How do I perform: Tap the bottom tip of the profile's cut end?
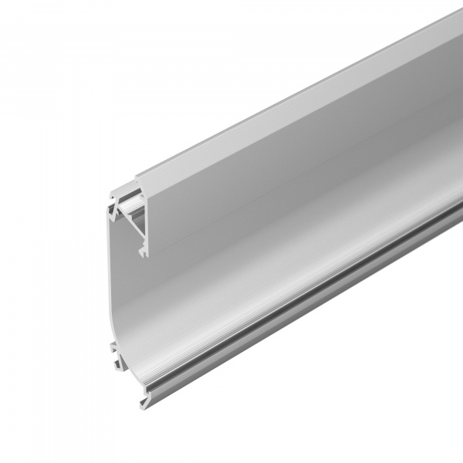coord(144,404)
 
